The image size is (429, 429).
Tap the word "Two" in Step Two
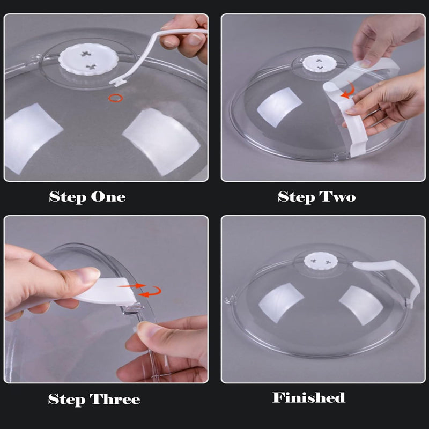pos(338,197)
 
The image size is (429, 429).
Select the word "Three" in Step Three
pos(115,400)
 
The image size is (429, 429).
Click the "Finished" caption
pos(308,397)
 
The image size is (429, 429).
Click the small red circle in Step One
pos(115,98)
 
